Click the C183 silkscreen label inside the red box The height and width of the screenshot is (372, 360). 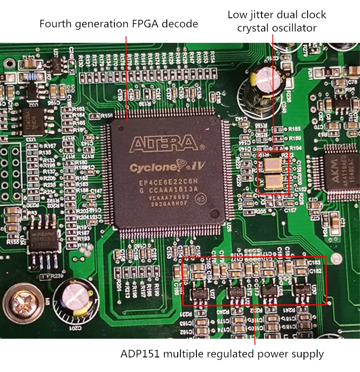pos(314,263)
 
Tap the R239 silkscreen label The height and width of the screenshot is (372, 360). pos(57,276)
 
